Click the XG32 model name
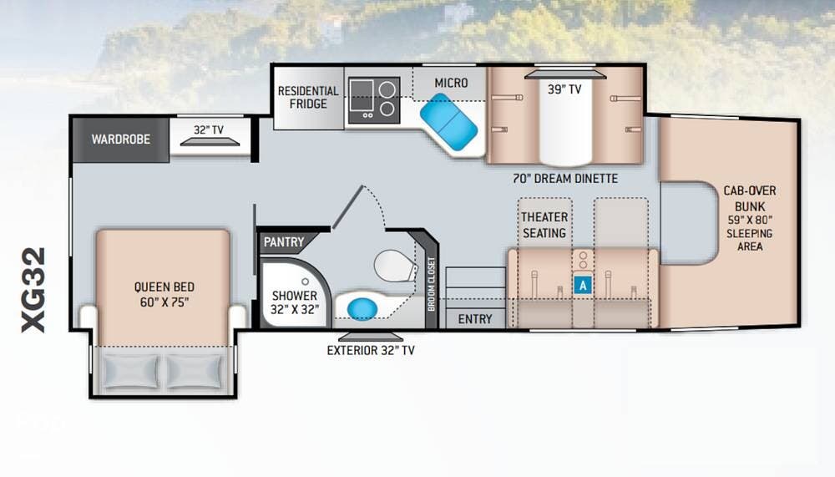coord(33,290)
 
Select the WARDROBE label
coord(121,140)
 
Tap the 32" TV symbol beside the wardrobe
coord(210,141)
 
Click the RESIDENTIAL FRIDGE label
coord(308,98)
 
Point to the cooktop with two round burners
coord(374,100)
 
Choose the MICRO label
coord(451,84)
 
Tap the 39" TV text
coord(564,89)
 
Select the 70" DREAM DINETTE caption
coord(565,179)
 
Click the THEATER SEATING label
coord(544,225)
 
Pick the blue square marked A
coord(583,286)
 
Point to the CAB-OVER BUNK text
coord(750,198)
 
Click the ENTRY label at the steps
coord(475,319)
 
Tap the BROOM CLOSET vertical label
coord(432,284)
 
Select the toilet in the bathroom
coord(396,266)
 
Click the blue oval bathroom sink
coord(362,308)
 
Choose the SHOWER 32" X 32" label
coord(295,302)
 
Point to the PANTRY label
coord(284,242)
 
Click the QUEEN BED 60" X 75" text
coord(164,294)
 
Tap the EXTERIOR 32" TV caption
coord(371,350)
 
